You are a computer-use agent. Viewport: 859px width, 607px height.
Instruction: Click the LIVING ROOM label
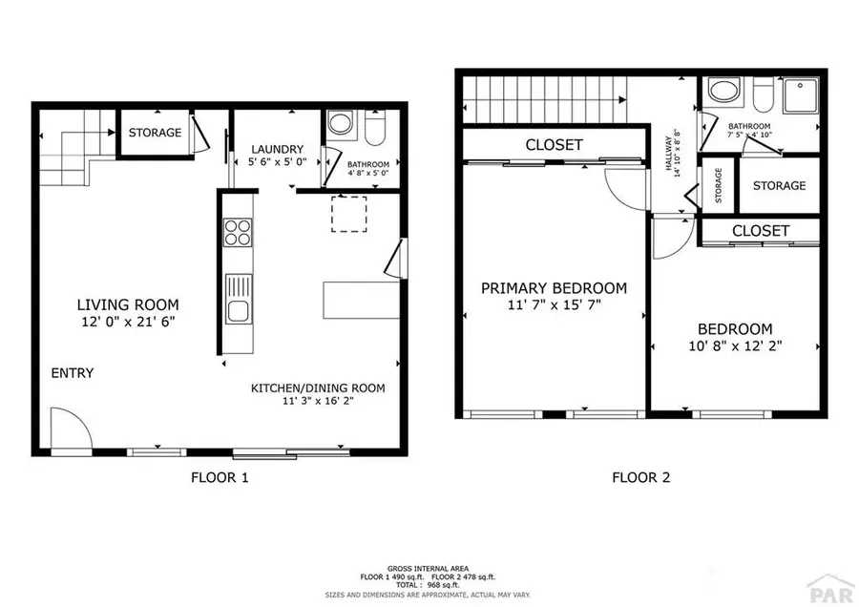coord(128,304)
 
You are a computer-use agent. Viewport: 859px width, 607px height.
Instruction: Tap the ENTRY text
coord(73,373)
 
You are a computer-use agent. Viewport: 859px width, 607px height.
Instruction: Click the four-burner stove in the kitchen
coord(237,233)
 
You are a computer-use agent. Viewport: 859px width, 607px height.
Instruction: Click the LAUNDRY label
coord(277,149)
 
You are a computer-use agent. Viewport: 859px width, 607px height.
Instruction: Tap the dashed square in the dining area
coord(348,214)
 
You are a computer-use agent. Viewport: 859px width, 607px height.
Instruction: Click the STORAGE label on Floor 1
coord(155,133)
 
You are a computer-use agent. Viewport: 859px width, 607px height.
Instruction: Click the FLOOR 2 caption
coord(640,477)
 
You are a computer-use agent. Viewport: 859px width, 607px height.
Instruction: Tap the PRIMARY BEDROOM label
coord(554,288)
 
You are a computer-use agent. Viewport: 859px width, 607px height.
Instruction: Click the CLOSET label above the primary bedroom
coord(554,145)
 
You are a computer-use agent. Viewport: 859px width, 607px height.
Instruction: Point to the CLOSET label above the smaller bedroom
coord(761,231)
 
